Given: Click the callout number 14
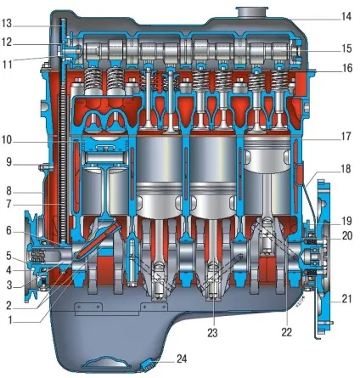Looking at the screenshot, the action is pyautogui.click(x=346, y=16).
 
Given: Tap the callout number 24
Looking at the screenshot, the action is pyautogui.click(x=182, y=358).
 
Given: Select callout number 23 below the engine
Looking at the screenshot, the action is pyautogui.click(x=212, y=333).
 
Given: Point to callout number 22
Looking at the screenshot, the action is pyautogui.click(x=286, y=332).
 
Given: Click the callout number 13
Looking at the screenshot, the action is pyautogui.click(x=7, y=24).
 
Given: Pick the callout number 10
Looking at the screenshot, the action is pyautogui.click(x=7, y=140).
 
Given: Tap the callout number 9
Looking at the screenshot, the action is pyautogui.click(x=9, y=162).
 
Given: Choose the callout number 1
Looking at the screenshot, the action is pyautogui.click(x=10, y=320).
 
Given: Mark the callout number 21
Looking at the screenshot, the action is pyautogui.click(x=346, y=299).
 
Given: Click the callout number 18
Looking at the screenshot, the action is pyautogui.click(x=346, y=169).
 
